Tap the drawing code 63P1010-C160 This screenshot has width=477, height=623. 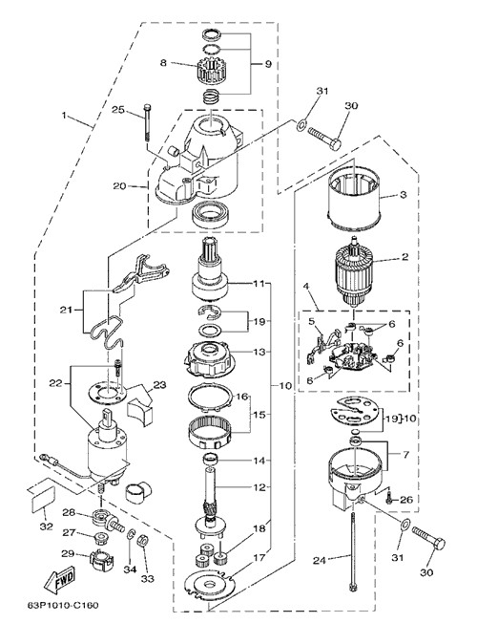(x=61, y=605)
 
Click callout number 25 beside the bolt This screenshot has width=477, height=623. (x=118, y=110)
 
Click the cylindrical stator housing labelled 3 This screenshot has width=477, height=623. (x=354, y=198)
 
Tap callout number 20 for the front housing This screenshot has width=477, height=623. (x=119, y=185)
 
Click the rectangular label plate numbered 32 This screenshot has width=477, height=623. (x=43, y=499)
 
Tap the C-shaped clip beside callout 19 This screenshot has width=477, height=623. (x=209, y=312)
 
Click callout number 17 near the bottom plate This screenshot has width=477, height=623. (x=259, y=558)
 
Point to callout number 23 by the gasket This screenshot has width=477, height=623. (x=159, y=385)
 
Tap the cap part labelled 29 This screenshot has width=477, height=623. (x=101, y=558)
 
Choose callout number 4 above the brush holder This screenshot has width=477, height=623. (x=305, y=287)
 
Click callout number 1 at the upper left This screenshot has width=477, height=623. (x=64, y=116)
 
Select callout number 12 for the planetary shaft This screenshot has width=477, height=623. (x=259, y=487)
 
